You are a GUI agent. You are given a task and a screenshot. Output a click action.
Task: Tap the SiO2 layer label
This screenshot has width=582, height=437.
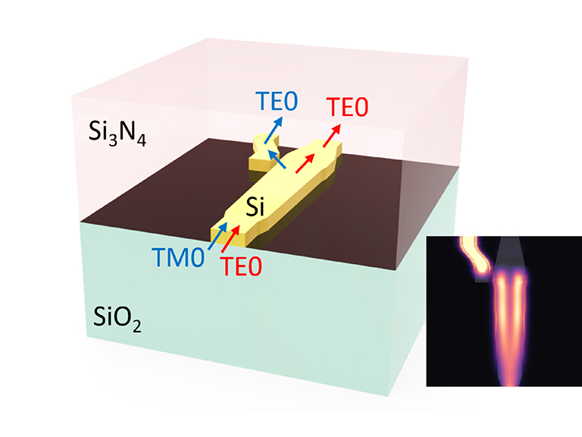[117, 318]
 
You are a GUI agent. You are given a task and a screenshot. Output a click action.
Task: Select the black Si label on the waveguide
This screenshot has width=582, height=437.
[255, 206]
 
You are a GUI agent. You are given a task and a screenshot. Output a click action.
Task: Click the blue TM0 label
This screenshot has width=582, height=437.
[178, 257]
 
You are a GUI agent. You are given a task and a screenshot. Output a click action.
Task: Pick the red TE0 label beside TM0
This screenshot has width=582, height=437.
[241, 266]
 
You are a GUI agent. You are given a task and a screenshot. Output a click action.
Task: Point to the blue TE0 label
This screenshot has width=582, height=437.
[277, 101]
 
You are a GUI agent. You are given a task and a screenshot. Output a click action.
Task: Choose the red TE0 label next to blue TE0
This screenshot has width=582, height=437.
[347, 107]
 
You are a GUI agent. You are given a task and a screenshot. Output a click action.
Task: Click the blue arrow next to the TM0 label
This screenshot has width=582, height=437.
[217, 236]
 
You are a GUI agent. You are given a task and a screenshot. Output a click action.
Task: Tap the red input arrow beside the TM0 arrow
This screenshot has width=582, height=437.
[230, 240]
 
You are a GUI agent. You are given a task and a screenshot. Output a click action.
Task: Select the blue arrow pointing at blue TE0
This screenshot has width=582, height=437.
[274, 130]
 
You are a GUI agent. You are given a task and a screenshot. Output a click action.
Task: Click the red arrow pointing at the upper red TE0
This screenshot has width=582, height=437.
[332, 136]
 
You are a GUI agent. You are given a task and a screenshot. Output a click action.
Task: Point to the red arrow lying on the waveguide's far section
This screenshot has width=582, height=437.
[305, 163]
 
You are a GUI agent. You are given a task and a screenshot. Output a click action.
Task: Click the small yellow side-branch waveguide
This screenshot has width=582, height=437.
[264, 154]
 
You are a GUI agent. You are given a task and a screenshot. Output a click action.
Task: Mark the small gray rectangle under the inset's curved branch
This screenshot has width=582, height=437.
[482, 277]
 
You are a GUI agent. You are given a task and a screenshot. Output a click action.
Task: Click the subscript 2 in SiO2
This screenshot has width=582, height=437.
[136, 326]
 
